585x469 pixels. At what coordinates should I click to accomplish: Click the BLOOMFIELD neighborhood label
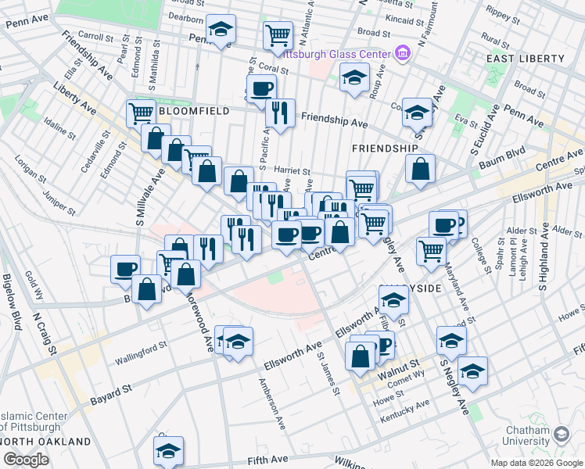194,111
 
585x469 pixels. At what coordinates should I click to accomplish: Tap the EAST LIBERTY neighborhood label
525,59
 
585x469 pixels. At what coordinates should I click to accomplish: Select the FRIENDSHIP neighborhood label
385,148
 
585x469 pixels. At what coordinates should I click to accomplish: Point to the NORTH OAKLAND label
47,442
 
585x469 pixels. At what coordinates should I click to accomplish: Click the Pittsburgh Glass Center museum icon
403,53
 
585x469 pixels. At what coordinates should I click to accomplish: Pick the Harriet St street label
294,171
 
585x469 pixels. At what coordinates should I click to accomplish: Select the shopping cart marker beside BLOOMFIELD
141,112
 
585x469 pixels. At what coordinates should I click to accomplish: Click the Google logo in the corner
26,460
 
